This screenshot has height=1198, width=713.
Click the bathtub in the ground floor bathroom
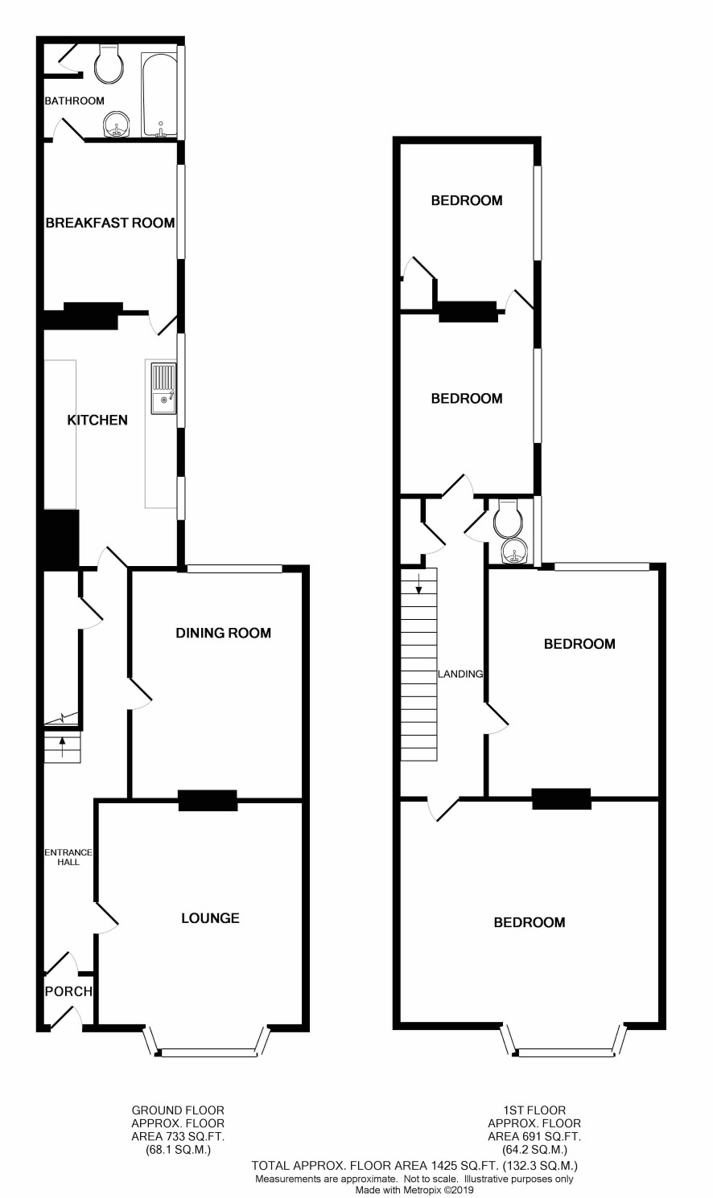[159, 95]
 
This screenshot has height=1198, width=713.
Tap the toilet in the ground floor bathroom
[109, 63]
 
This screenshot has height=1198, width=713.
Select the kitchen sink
[163, 388]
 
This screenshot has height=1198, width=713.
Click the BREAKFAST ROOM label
[110, 223]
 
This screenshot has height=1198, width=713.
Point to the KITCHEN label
[97, 420]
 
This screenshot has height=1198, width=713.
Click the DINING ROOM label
[223, 633]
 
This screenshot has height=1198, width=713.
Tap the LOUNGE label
[210, 917]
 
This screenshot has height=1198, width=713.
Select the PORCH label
[68, 991]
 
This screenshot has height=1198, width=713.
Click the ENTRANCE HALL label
[68, 857]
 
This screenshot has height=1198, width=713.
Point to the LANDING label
[460, 674]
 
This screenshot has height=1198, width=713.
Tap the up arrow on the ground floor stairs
[63, 747]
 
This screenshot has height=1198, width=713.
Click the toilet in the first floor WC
[508, 517]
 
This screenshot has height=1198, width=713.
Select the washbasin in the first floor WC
[516, 551]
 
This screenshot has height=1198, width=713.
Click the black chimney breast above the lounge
[208, 800]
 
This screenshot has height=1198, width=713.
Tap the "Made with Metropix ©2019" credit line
[415, 1191]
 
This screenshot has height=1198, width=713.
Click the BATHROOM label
[74, 101]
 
